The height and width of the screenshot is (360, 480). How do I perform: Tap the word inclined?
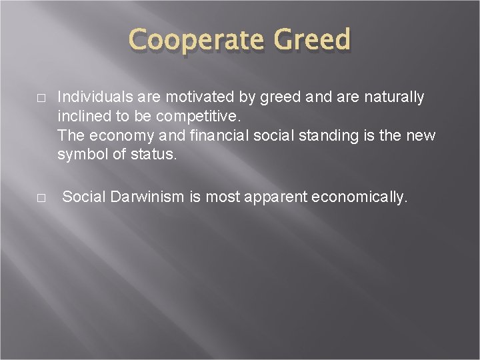[82, 117]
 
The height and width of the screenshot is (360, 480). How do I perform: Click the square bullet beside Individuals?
[41, 98]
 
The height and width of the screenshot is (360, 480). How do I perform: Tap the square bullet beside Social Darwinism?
[41, 198]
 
